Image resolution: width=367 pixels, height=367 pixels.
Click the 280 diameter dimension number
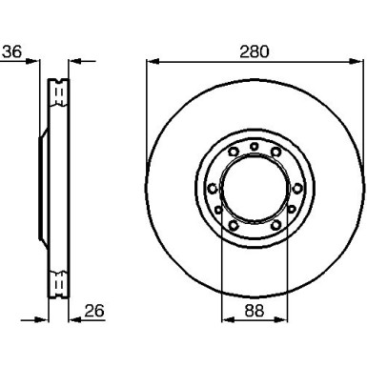click(255, 51)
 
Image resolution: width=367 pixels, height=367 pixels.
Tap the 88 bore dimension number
click(255, 311)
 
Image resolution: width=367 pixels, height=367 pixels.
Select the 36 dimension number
click(12, 51)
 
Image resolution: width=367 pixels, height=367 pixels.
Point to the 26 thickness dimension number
click(94, 311)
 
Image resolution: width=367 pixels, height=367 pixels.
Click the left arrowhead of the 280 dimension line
click(153, 61)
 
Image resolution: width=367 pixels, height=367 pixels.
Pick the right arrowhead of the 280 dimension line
click(356, 61)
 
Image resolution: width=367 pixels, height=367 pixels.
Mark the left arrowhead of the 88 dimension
click(228, 319)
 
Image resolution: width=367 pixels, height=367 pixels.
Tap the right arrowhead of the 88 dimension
click(281, 319)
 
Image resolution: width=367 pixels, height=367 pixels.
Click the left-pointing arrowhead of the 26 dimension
click(75, 319)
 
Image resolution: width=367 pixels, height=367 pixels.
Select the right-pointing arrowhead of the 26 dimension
click(42, 319)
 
